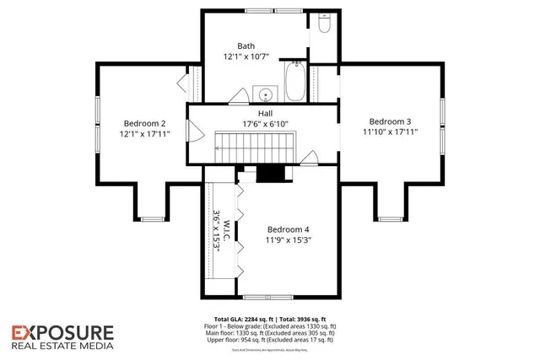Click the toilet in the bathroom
325,25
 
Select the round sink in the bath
265,94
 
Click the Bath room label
246,46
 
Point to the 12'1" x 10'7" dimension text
246,57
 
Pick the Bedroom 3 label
390,120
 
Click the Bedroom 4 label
289,229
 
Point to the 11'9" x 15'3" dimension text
289,241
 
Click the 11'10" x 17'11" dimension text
390,132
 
